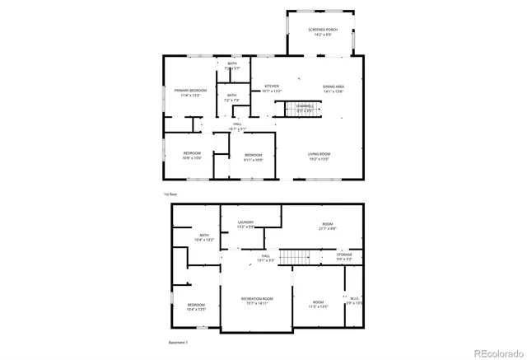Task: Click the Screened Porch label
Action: pos(320,32)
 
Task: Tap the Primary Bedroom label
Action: pos(189,91)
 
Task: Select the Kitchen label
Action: pos(272,87)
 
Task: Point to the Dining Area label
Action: pos(333,87)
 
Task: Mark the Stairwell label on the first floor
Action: pos(305,107)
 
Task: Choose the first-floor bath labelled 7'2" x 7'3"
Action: pos(232,97)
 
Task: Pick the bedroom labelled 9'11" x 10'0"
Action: pos(253,157)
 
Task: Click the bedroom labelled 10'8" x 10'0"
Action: pos(192,155)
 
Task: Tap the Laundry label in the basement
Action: pos(245,224)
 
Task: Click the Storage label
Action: pos(344,256)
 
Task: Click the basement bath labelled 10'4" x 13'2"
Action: pos(203,237)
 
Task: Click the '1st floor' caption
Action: pos(170,194)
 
